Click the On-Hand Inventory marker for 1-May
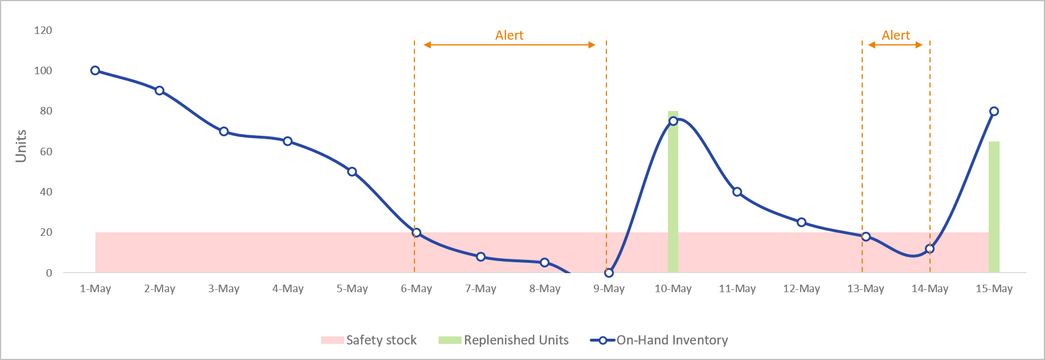95,71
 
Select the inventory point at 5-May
352,171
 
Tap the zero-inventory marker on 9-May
609,273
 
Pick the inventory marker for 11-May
737,192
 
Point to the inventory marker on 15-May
994,111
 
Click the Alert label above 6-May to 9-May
509,36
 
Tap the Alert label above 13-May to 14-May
896,36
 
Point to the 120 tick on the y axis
43,30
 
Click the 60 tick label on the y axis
45,151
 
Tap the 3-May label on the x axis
224,289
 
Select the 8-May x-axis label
544,289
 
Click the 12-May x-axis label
801,289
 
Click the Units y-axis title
21,145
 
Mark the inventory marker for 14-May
929,249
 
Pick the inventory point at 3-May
224,132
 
